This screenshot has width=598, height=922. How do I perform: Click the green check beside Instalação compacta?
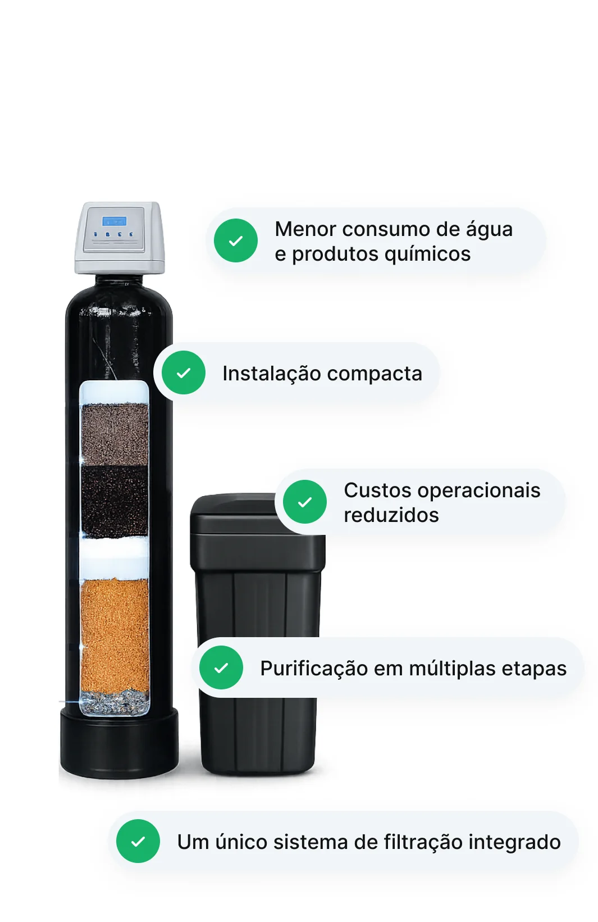(x=184, y=373)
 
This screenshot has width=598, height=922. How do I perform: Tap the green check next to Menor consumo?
(x=236, y=240)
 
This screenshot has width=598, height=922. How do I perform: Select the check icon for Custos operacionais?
(x=305, y=502)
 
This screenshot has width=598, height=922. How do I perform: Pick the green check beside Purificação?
(x=221, y=667)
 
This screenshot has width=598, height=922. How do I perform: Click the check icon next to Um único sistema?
(x=138, y=841)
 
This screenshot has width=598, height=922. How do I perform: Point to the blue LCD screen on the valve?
(x=115, y=221)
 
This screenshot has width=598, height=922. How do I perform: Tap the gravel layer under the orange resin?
(x=115, y=702)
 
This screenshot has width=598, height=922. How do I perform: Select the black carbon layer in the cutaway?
(x=115, y=501)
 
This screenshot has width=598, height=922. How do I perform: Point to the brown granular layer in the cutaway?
(x=115, y=434)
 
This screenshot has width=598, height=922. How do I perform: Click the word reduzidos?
(x=391, y=515)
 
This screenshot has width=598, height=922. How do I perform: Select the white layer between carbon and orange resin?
(x=115, y=558)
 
